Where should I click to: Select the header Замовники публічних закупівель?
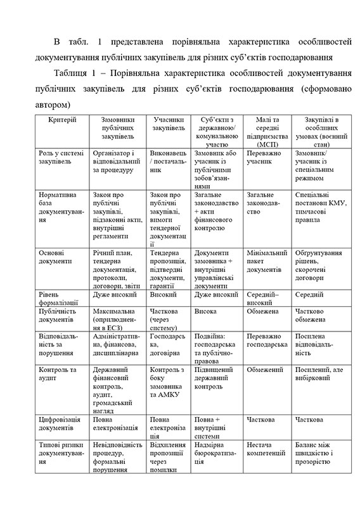(x=118, y=128)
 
